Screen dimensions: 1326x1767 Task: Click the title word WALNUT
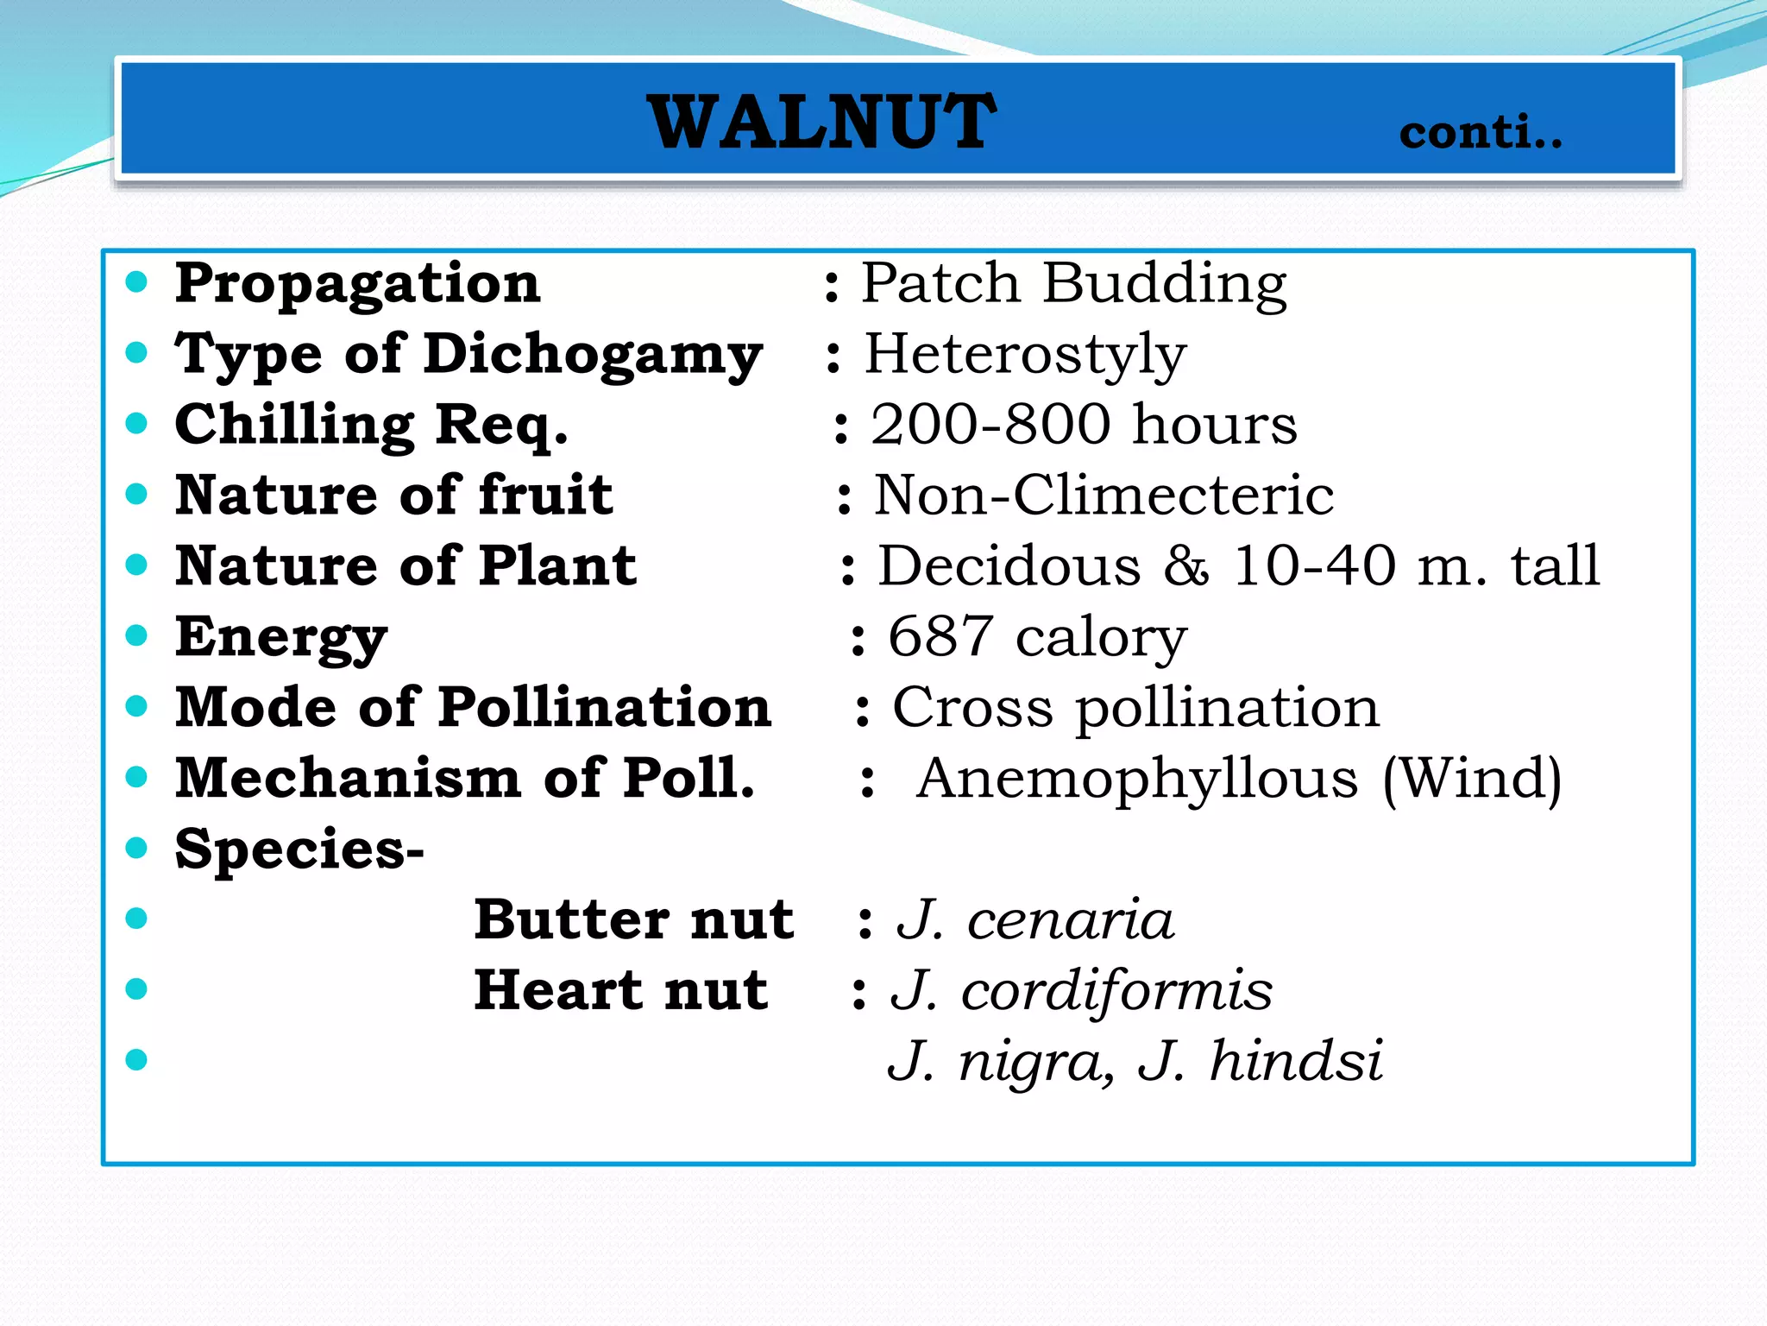tap(821, 123)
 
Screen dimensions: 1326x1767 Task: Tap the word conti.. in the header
tap(1480, 133)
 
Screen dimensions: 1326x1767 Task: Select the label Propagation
tap(357, 284)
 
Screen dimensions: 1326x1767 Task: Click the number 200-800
tap(990, 425)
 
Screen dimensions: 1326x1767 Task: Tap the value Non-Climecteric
tap(1104, 496)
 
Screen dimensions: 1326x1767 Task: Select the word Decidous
tap(1009, 566)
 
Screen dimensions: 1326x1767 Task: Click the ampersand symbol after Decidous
tap(1186, 566)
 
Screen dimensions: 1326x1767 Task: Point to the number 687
tap(940, 637)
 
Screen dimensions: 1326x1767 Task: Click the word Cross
tap(972, 708)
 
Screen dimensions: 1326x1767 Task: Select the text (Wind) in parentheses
tap(1472, 779)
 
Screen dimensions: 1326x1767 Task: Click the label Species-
tap(299, 849)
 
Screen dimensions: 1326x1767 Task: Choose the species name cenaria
tap(1070, 920)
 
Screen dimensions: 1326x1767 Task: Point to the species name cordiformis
tap(1116, 991)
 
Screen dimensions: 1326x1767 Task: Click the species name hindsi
tap(1296, 1062)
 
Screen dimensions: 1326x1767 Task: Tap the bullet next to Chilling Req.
tap(136, 424)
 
